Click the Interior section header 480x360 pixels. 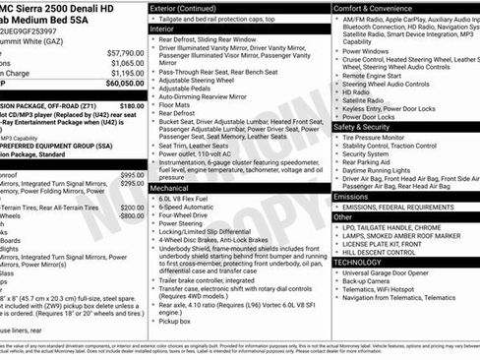[x=170, y=30]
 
